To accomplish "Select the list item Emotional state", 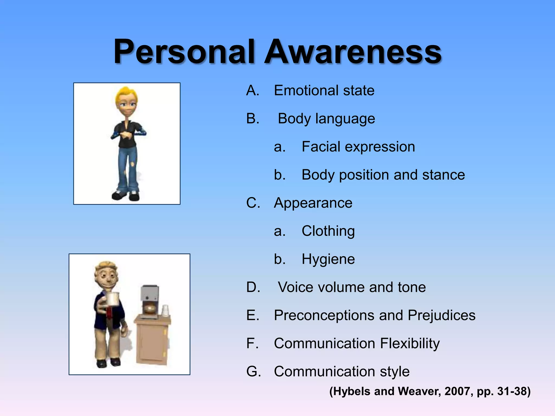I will coord(324,90).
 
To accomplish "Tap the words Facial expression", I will coord(358,147).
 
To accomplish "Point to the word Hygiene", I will coord(328,259).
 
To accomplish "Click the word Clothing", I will coord(328,231).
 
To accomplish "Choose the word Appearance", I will coord(313,203).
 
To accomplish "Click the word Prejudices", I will coord(441,315).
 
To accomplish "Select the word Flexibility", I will coord(410,343).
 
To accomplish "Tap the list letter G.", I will coord(253,371).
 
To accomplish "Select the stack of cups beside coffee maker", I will coord(165,311).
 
